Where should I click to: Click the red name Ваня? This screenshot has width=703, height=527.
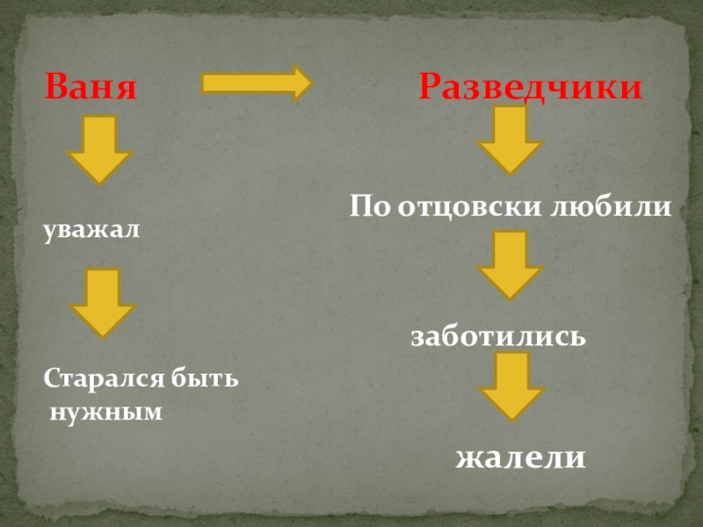[91, 88]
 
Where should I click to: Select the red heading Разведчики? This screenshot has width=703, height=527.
[530, 88]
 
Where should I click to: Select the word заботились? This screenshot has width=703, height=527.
[498, 336]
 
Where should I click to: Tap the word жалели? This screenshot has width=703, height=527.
[520, 458]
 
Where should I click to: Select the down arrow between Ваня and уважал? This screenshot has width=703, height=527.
[100, 150]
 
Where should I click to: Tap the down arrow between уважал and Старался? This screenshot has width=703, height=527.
[102, 302]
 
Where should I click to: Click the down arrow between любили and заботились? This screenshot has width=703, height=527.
[510, 263]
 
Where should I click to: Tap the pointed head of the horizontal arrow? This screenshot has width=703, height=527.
[301, 83]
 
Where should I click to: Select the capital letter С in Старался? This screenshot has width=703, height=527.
[51, 381]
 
